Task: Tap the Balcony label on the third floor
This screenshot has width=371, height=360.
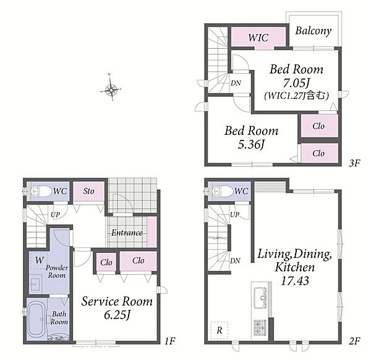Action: point(313,31)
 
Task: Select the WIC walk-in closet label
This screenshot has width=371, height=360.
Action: point(258,38)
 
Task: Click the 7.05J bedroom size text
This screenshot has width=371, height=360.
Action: point(296,83)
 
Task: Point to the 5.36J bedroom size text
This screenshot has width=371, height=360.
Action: point(251,144)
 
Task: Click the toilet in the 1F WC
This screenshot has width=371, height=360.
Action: point(41,191)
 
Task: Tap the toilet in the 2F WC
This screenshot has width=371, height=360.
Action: point(223,191)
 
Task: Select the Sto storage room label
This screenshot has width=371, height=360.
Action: point(88,191)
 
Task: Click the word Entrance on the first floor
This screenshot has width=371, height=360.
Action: point(127,233)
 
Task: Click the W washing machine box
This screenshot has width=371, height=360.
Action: point(39,260)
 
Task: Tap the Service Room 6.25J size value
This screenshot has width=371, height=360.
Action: point(117,315)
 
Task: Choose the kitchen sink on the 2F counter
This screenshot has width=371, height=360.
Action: point(260,298)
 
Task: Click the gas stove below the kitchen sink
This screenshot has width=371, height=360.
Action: point(260,328)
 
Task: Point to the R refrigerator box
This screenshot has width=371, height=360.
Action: point(220,330)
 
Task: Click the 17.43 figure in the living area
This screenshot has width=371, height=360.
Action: point(295,281)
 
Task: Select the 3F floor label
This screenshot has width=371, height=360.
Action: point(354,163)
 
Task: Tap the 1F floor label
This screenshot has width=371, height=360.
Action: point(169,341)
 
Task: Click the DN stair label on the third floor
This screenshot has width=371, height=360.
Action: point(236,83)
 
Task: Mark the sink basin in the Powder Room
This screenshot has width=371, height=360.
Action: point(35,284)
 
